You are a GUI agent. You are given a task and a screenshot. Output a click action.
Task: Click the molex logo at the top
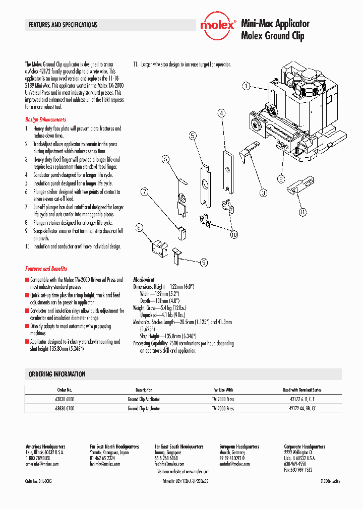pyautogui.click(x=217, y=25)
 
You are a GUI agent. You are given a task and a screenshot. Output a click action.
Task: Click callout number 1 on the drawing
pyautogui.click(x=246, y=86)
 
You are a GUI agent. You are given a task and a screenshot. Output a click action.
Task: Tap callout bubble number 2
pyautogui.click(x=281, y=178)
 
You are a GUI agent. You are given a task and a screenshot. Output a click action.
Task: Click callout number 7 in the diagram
pyautogui.click(x=145, y=192)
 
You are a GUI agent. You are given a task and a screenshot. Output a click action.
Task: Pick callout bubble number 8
pyautogui.click(x=140, y=229)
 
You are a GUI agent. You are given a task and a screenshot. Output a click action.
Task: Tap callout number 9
pyautogui.click(x=204, y=262)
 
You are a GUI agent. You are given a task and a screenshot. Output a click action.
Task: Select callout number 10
pyautogui.click(x=234, y=234)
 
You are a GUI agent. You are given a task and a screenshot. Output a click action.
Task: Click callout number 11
pyautogui.click(x=302, y=212)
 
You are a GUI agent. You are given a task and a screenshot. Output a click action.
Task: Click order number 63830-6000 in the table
pyautogui.click(x=65, y=399)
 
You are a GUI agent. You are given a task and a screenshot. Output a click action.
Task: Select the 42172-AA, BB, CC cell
pyautogui.click(x=302, y=409)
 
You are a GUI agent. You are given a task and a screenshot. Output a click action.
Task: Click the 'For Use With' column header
pyautogui.click(x=223, y=390)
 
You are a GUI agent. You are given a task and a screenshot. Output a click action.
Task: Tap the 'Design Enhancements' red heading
pyautogui.click(x=46, y=120)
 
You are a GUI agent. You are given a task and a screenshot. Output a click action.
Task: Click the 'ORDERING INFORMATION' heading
pyautogui.click(x=57, y=374)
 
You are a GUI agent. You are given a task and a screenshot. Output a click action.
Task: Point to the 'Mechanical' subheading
pyautogui.click(x=144, y=279)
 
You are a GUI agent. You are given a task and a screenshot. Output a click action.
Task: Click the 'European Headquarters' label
pyautogui.click(x=239, y=447)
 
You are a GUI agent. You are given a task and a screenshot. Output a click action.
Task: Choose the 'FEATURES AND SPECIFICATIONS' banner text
pyautogui.click(x=63, y=25)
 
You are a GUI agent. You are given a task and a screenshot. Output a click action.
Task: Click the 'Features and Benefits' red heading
pyautogui.click(x=46, y=269)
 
